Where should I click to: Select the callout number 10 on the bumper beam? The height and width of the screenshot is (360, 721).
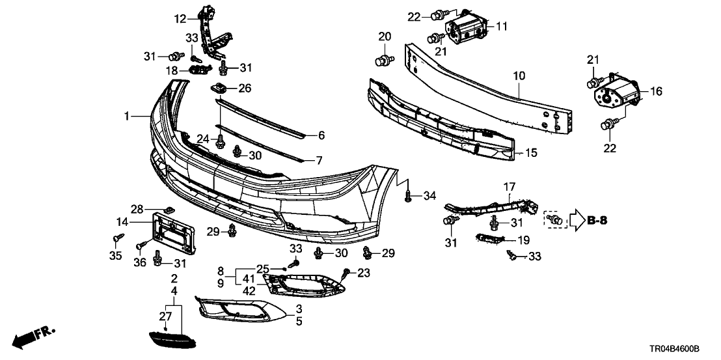tap(518, 76)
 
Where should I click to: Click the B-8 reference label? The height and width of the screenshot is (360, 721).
tap(597, 221)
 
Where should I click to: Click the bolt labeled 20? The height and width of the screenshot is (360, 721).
tap(383, 62)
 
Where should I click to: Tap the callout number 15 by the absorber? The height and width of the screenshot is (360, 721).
tap(532, 154)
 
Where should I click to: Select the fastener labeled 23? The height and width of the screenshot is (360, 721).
tap(347, 272)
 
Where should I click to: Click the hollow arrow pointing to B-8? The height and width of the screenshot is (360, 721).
tap(576, 221)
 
